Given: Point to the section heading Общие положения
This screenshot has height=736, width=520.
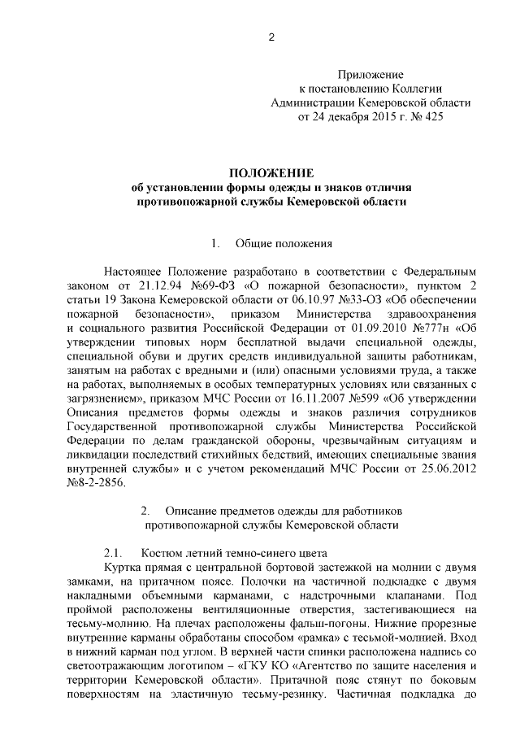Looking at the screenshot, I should pos(284,242).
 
